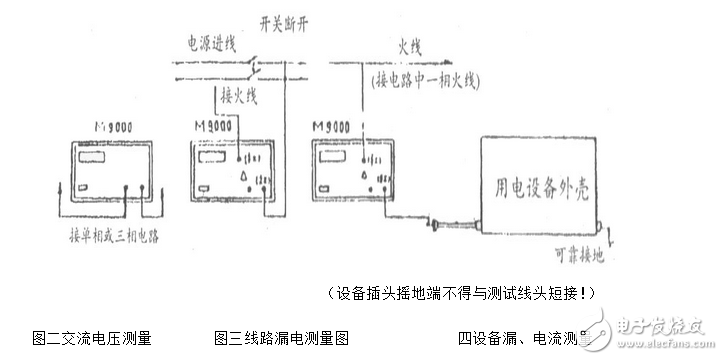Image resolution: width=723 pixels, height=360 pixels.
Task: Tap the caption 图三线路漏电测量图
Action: (281, 337)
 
